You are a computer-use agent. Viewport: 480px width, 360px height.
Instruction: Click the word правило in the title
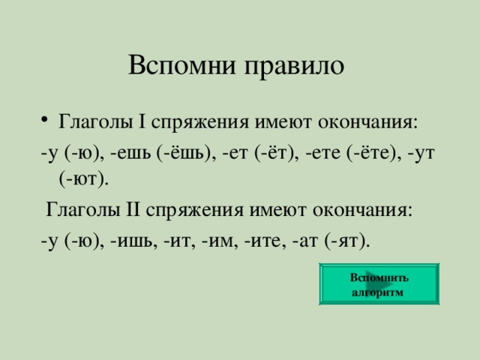point(294,67)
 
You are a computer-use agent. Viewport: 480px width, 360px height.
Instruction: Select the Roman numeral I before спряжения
point(142,121)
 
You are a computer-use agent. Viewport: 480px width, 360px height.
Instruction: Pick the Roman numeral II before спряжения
point(133,210)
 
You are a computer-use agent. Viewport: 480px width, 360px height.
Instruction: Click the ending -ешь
point(130,153)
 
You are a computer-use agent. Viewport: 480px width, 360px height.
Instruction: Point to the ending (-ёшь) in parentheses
point(184,152)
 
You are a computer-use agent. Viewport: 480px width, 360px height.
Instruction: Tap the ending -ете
point(322,153)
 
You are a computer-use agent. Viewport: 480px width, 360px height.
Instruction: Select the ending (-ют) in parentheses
point(83,178)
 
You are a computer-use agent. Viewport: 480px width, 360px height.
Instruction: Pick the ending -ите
point(262,241)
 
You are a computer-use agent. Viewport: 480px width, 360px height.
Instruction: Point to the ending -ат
point(305,241)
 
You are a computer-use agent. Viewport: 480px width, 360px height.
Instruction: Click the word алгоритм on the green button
point(377,292)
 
